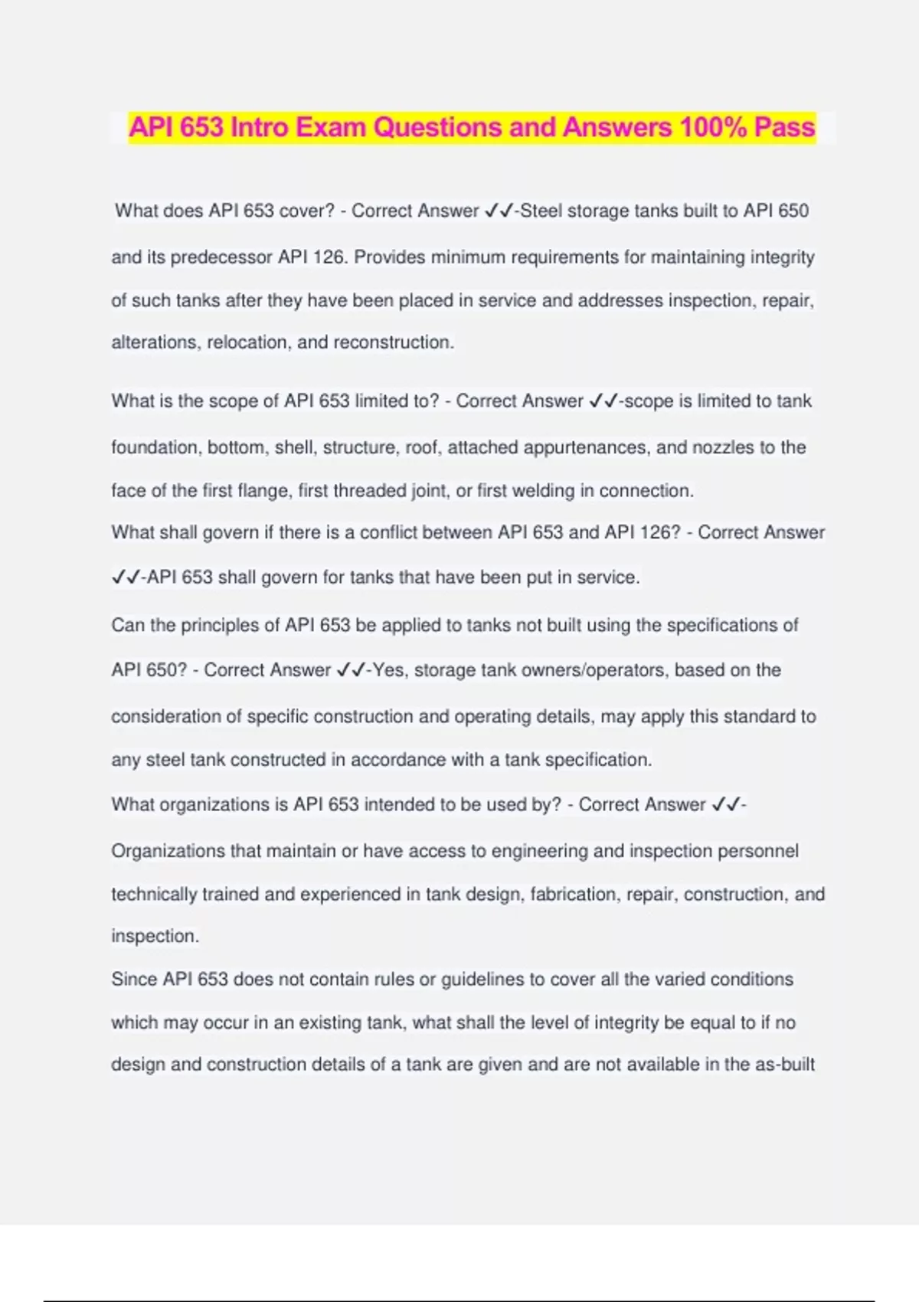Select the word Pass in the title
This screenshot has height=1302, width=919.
click(x=784, y=127)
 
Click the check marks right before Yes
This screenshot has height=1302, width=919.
click(x=350, y=670)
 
